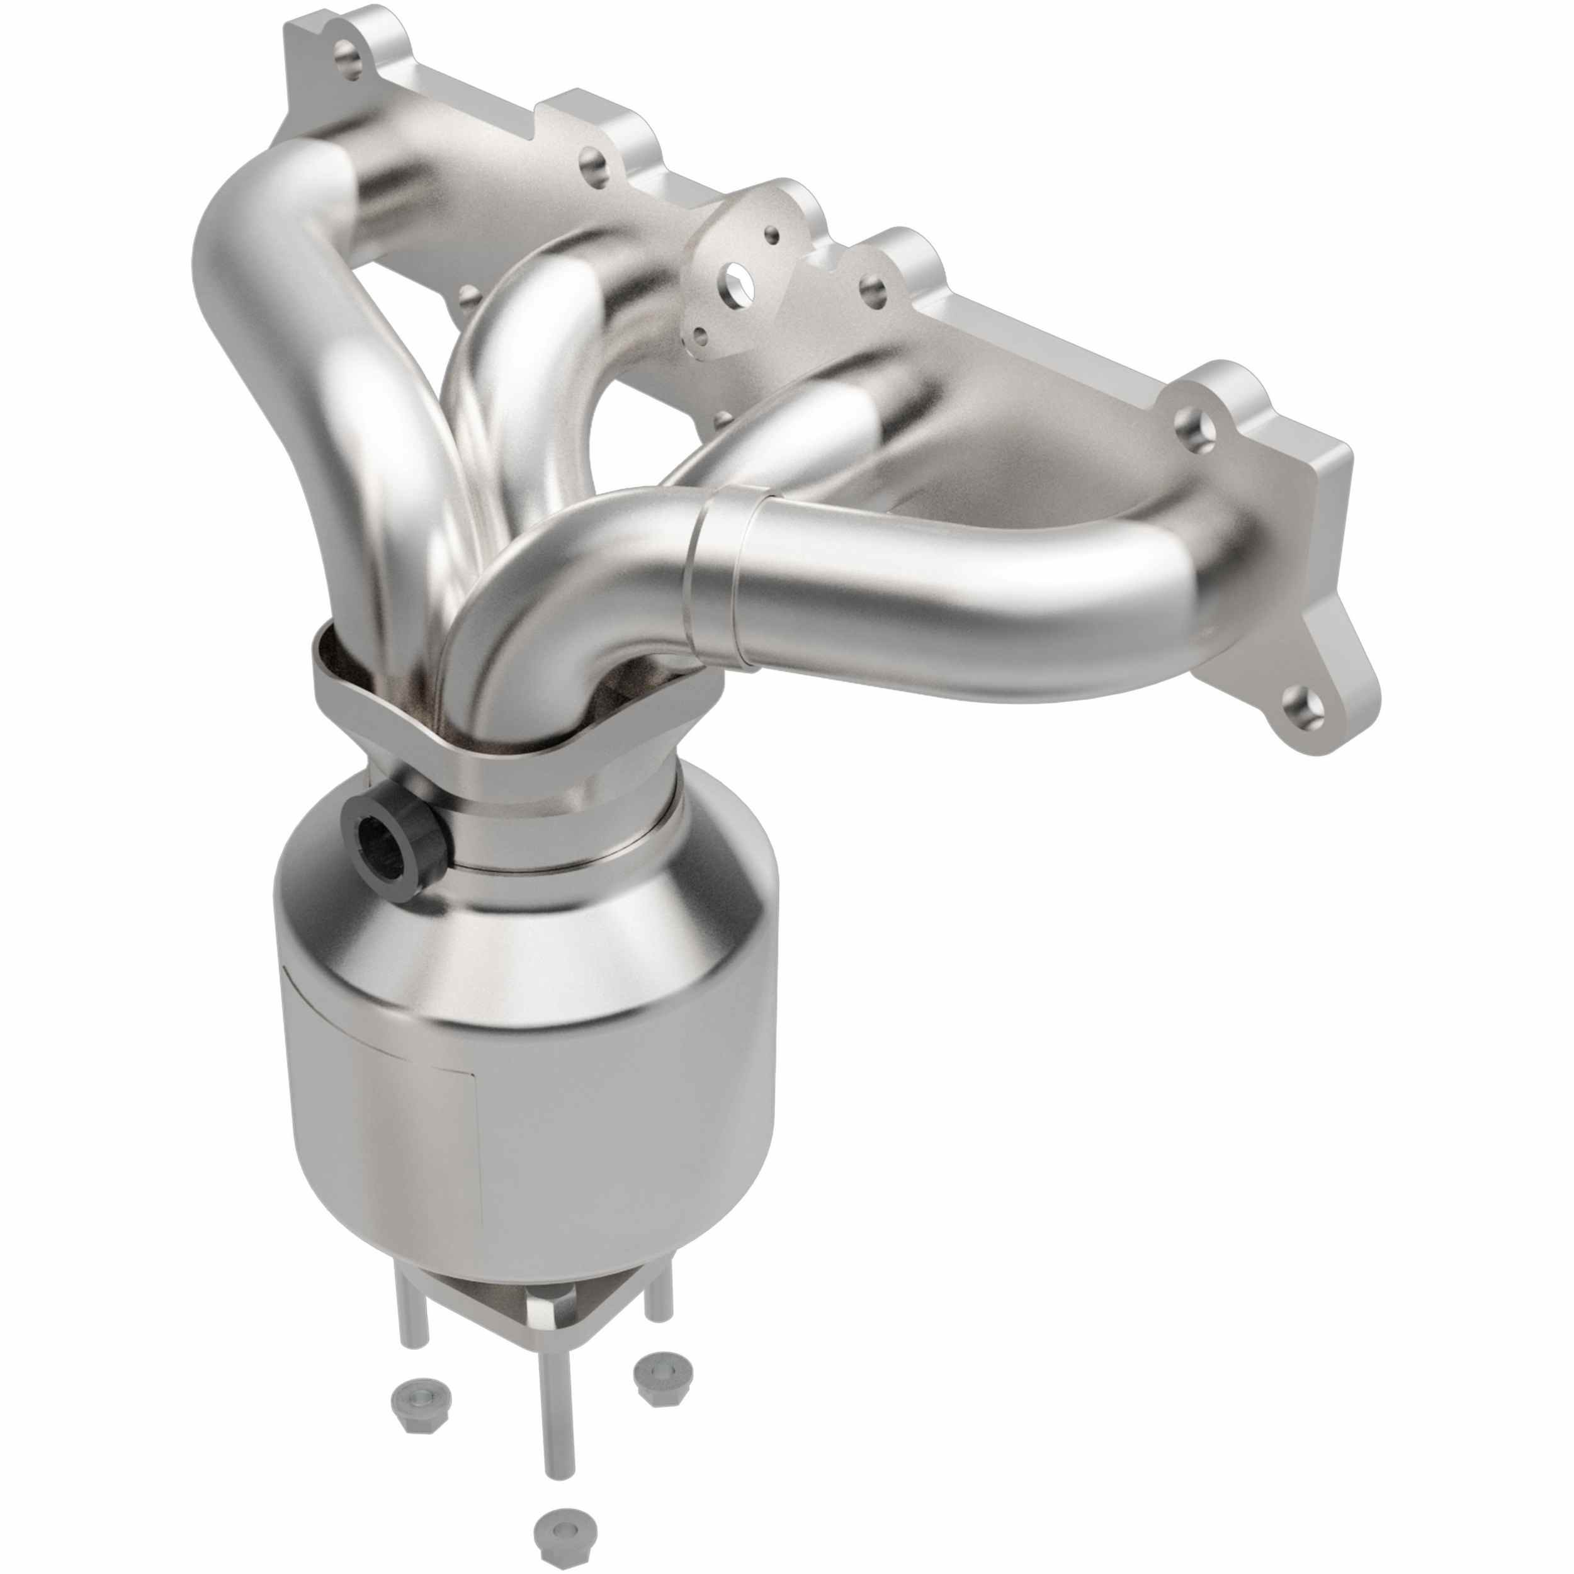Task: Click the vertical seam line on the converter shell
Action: point(478,1141)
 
